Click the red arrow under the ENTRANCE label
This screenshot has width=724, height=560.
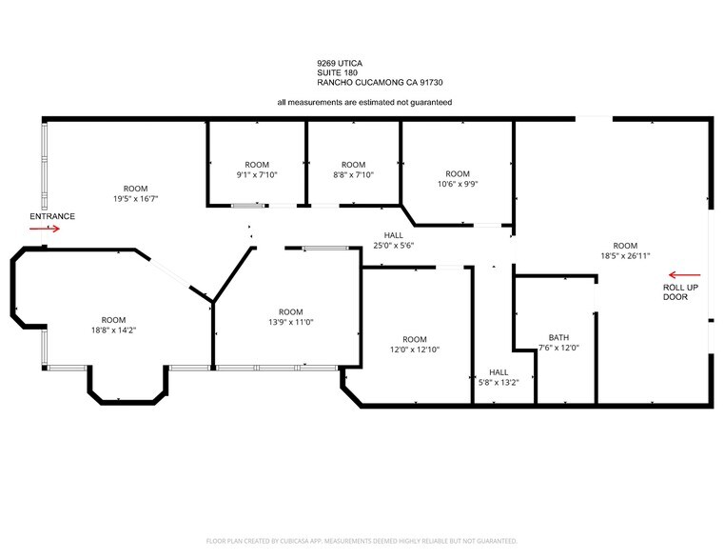46,229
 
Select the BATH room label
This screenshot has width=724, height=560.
558,337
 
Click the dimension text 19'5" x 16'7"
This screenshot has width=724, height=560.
136,198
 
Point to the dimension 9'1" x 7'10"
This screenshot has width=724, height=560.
257,174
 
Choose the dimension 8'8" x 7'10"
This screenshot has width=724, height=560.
353,174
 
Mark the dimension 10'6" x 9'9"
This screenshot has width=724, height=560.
458,184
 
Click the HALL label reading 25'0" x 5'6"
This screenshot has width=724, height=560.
394,245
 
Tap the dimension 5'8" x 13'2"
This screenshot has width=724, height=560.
499,383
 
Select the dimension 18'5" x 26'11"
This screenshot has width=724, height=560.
624,255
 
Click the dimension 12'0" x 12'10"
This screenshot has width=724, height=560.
415,350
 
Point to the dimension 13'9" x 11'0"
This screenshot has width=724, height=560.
290,322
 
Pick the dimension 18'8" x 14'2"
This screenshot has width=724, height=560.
113,330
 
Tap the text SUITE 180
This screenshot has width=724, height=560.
339,72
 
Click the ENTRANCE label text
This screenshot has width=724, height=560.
51,216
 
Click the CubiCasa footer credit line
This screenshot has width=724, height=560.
362,541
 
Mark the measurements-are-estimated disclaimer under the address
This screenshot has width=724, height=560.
364,102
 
